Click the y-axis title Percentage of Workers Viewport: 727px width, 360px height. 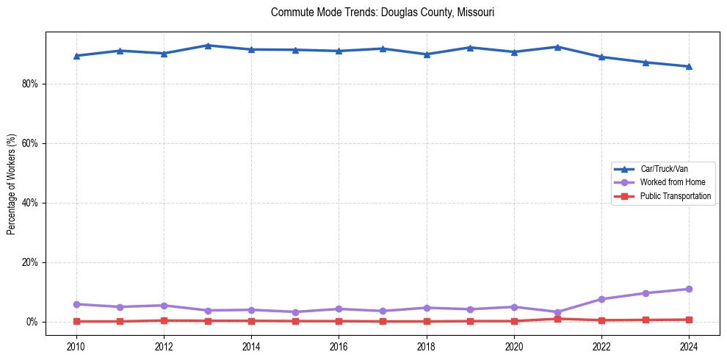coord(11,183)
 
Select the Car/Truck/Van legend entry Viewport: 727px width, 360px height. coord(663,169)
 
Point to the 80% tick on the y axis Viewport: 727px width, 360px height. coord(29,84)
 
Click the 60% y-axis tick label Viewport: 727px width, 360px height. coord(29,143)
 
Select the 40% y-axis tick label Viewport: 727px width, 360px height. coord(29,203)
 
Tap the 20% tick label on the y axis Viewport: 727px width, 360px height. coord(29,262)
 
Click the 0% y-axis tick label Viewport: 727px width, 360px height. coord(32,322)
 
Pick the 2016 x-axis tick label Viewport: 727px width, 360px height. coord(339,345)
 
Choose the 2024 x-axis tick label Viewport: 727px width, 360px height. coord(689,345)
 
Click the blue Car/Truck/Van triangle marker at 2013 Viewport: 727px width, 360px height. coord(208,46)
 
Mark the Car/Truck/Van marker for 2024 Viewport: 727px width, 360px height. coord(689,66)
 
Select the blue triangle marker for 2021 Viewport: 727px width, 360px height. coord(557,47)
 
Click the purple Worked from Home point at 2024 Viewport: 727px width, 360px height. coord(689,289)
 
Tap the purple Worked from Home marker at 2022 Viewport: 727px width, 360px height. coord(601,299)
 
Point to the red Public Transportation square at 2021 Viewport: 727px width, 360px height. coord(557,319)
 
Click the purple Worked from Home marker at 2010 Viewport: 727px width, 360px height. coord(76,304)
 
